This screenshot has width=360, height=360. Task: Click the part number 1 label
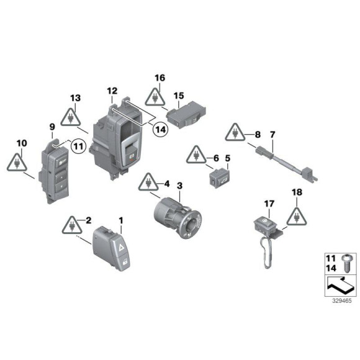pyautogui.click(x=121, y=220)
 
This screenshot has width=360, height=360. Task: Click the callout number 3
pyautogui.click(x=180, y=186)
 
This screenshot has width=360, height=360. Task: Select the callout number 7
pyautogui.click(x=271, y=135)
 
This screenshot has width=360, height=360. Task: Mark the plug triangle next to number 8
pyautogui.click(x=234, y=132)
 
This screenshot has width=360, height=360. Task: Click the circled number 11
pyautogui.click(x=78, y=146)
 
